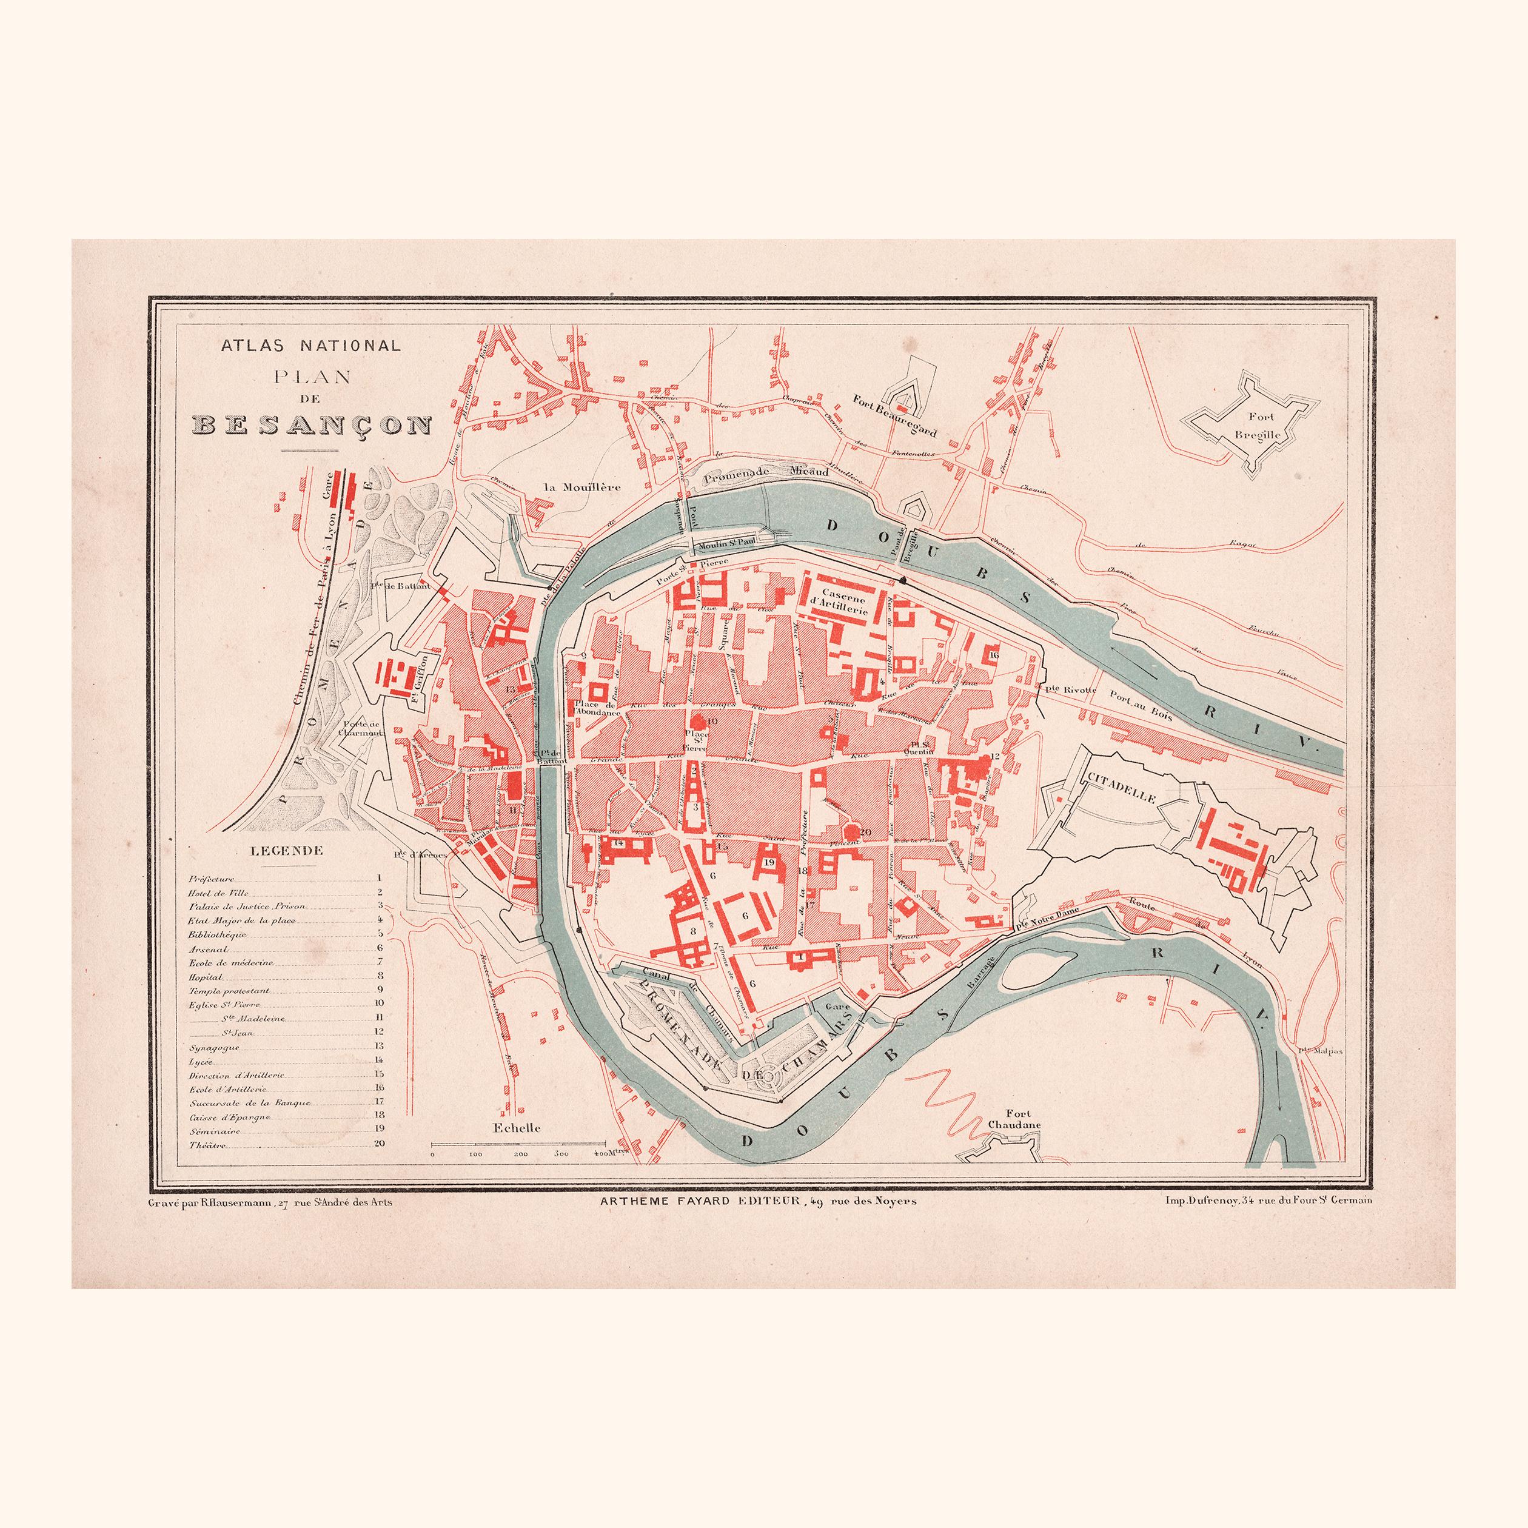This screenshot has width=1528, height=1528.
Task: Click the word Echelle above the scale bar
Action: tap(517, 1127)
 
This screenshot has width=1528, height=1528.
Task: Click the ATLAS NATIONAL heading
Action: tap(311, 346)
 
